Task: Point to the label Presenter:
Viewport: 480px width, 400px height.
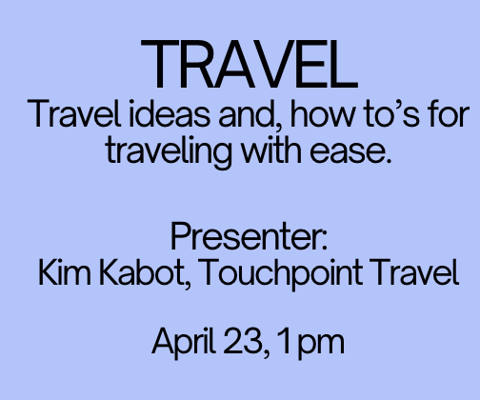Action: pyautogui.click(x=249, y=236)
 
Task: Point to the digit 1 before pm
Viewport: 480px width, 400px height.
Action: pyautogui.click(x=276, y=340)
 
